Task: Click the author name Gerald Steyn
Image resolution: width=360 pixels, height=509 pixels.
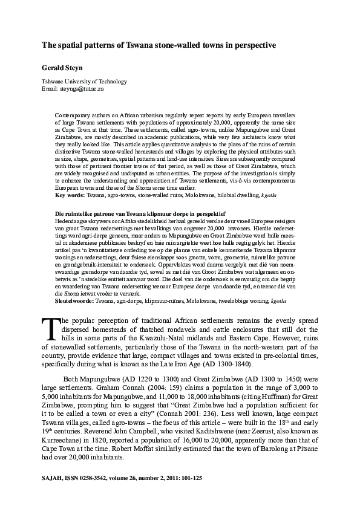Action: pos(58,68)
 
